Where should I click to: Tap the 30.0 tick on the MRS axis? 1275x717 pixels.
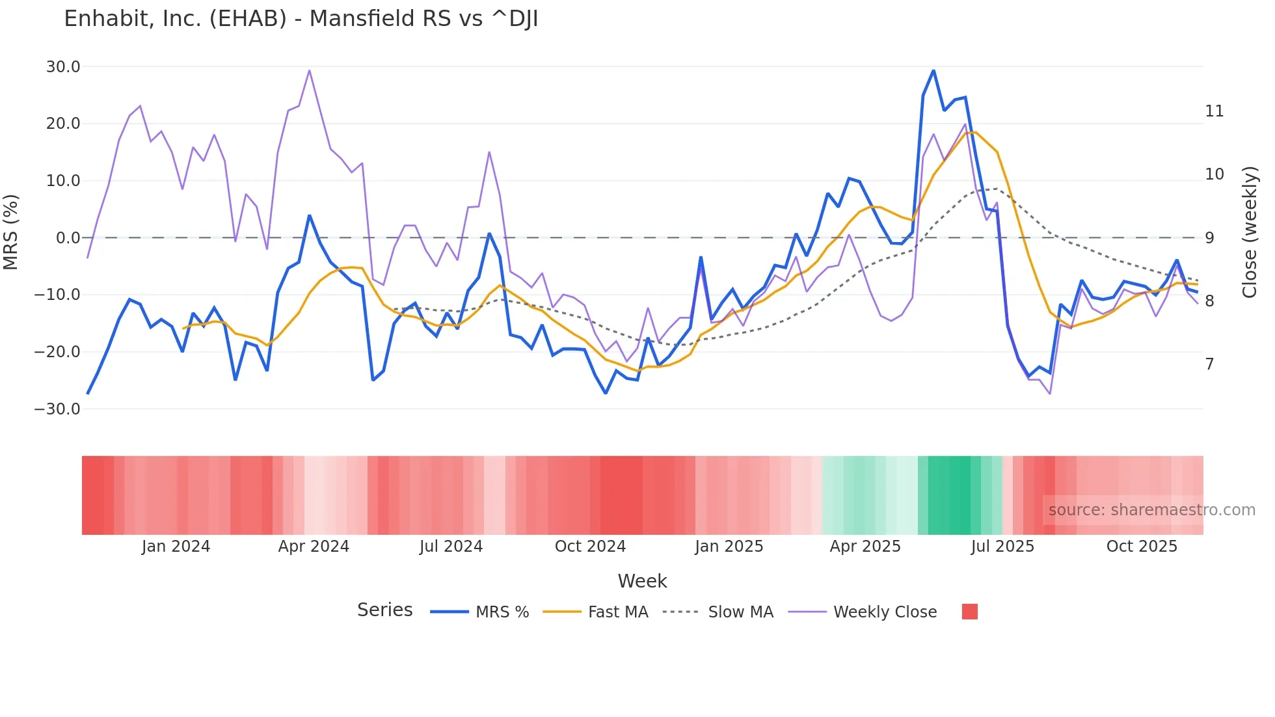coord(63,67)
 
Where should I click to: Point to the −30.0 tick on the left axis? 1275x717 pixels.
coord(57,409)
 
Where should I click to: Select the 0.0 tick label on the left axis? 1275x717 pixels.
coord(68,238)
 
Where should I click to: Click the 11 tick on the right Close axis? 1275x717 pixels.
coord(1214,111)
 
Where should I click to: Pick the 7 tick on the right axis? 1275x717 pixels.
coord(1209,364)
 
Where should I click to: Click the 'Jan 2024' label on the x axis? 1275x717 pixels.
coord(176,547)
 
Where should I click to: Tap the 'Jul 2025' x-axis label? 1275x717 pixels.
coord(1002,547)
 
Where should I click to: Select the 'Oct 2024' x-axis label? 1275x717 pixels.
coord(590,547)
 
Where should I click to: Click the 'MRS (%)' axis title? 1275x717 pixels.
coord(11,232)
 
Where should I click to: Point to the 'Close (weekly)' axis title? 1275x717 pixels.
coord(1250,232)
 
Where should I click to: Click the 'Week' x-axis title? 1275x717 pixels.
coord(642,581)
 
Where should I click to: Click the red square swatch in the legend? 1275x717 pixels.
coord(969,612)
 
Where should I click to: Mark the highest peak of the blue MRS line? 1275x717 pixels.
coord(933,70)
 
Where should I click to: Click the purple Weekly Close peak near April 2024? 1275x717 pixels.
coord(310,70)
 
